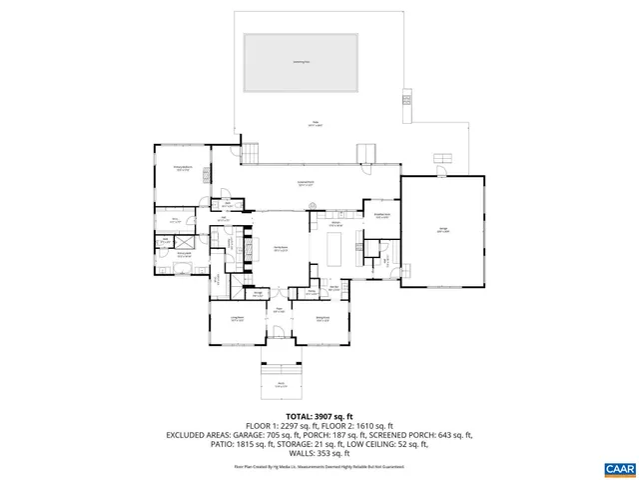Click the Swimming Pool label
[x=299, y=62]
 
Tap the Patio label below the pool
[x=316, y=125]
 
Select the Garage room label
[x=443, y=231]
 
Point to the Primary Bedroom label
[x=183, y=169]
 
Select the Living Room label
[x=236, y=320]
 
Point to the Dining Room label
[x=322, y=320]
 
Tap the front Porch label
[x=281, y=385]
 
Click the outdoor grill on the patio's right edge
[x=406, y=98]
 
